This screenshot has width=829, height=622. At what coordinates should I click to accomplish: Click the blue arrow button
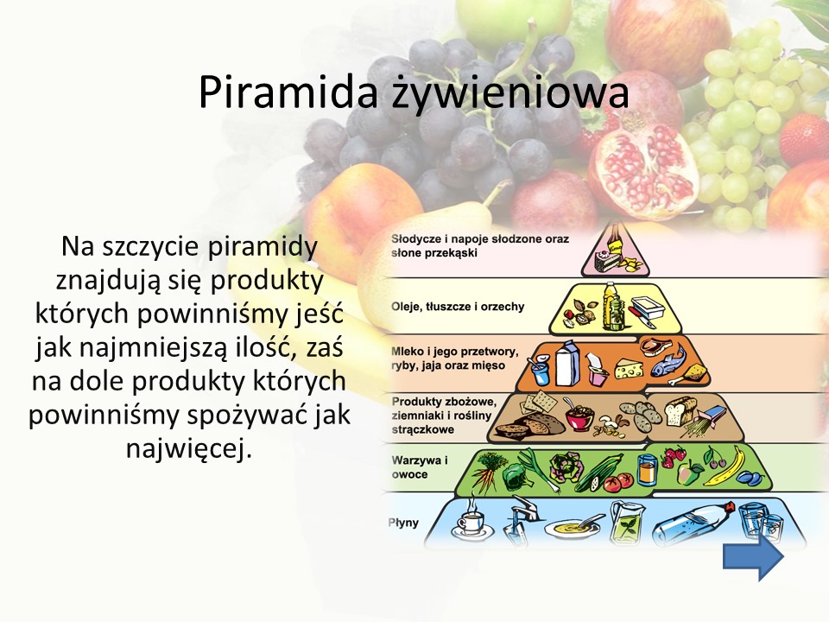pyautogui.click(x=753, y=556)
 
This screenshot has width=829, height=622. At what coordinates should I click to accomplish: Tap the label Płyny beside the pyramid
pyautogui.click(x=403, y=523)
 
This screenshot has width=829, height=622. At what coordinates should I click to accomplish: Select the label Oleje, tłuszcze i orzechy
pyautogui.click(x=458, y=306)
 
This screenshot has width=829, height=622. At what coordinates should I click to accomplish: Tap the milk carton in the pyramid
pyautogui.click(x=567, y=364)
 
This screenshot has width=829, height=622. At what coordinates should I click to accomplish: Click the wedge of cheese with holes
pyautogui.click(x=630, y=368)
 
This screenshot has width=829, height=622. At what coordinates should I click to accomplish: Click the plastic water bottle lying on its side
pyautogui.click(x=693, y=522)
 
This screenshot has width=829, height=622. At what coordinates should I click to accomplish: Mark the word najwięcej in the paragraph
pyautogui.click(x=187, y=449)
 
